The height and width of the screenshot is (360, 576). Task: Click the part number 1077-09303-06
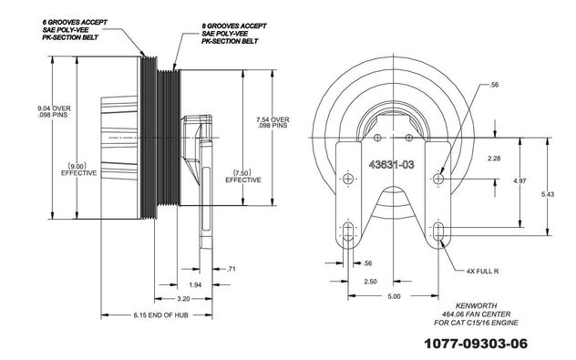pos(476,344)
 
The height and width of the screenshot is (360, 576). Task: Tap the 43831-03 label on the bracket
pos(391,165)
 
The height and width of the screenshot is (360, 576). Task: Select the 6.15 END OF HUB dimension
pos(161,314)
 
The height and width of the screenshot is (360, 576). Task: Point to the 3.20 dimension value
pos(183,299)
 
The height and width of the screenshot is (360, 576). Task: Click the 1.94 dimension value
pos(195,284)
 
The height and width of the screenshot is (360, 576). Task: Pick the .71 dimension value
pos(231,269)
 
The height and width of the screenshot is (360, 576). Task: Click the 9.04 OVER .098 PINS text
pos(54,112)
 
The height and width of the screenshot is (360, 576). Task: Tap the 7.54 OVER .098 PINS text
pos(273,122)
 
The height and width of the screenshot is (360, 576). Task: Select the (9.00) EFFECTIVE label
pos(79,169)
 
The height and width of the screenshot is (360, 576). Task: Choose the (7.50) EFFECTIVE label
pos(243,176)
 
